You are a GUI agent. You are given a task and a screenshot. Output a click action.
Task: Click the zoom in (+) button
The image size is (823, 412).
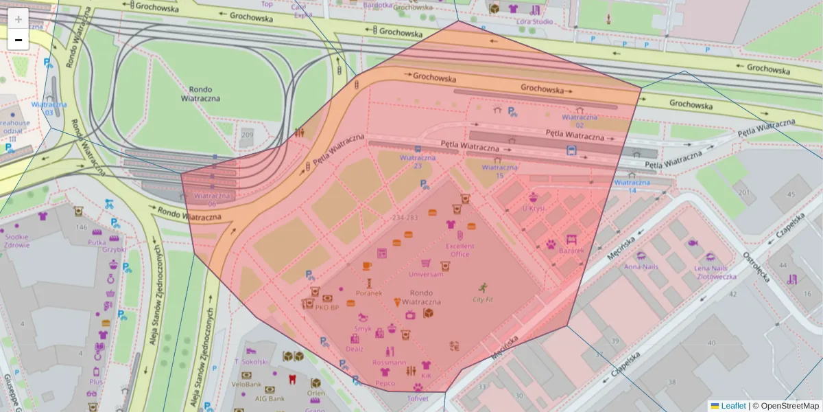(19, 19)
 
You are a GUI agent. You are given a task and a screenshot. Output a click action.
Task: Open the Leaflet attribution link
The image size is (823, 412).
(733, 406)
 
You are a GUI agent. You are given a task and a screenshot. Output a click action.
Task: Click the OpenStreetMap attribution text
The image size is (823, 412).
(789, 406)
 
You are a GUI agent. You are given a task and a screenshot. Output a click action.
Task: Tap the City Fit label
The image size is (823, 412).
(482, 299)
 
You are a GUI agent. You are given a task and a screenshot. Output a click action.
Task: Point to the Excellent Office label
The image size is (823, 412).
(460, 250)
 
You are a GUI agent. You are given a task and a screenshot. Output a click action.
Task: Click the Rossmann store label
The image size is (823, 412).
(389, 362)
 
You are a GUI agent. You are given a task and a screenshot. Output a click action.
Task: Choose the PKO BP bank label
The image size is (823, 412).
(326, 308)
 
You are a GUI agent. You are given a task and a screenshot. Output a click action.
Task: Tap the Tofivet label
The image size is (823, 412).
(417, 398)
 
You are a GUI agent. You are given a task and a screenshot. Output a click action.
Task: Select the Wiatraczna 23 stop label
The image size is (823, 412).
(417, 161)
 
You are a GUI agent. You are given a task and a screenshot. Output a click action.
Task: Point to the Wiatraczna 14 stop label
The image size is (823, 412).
(632, 186)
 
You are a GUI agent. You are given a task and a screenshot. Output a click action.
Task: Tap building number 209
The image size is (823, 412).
(248, 135)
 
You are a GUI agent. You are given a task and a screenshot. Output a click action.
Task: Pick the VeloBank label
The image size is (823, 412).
(246, 385)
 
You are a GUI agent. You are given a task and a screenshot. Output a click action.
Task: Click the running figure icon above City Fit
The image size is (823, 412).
(482, 287)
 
